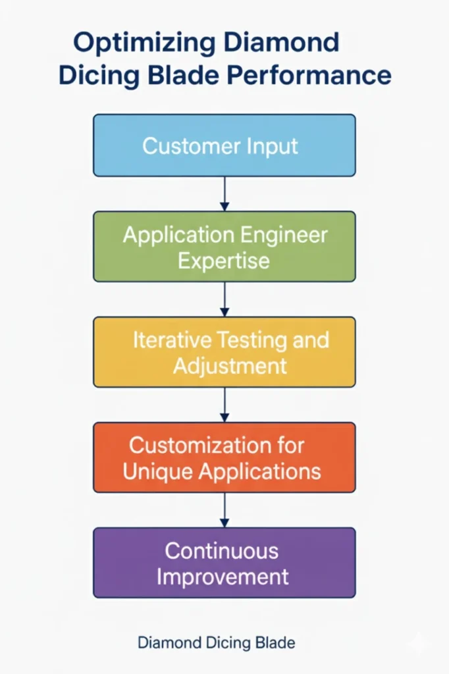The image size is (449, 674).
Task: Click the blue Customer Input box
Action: click(224, 145)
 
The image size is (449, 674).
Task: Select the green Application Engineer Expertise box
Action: click(224, 246)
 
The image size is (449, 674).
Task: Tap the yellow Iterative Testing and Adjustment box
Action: click(224, 352)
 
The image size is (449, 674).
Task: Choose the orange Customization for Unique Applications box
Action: click(224, 457)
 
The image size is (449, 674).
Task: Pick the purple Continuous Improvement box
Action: click(224, 563)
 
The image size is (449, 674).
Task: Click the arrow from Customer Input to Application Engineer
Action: click(224, 194)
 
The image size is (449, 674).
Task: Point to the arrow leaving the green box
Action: click(224, 299)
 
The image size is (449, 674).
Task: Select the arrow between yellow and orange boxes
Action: click(224, 404)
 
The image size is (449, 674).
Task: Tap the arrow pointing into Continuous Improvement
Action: click(224, 509)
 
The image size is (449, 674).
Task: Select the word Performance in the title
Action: click(309, 75)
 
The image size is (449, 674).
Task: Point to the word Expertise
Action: click(224, 260)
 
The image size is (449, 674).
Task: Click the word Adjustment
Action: click(230, 365)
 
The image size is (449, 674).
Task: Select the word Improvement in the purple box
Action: click(223, 577)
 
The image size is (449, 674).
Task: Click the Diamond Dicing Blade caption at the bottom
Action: click(217, 642)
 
